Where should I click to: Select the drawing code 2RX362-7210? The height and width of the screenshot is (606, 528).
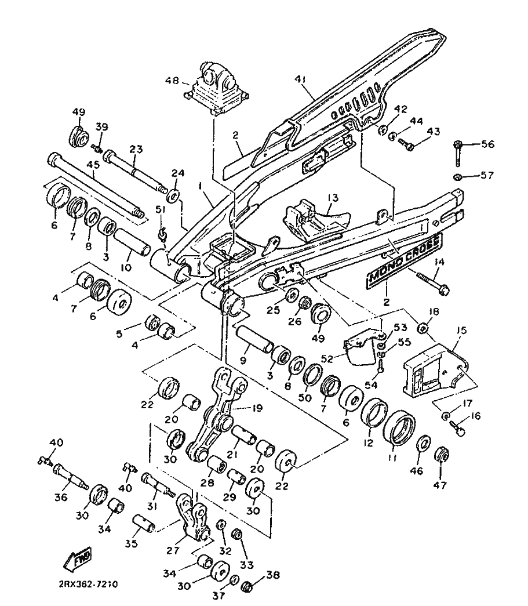tap(92, 584)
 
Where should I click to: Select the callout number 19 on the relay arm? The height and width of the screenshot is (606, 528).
tap(257, 407)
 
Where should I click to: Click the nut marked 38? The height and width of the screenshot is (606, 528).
tap(245, 586)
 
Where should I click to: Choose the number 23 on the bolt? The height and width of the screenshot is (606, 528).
tap(136, 148)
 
